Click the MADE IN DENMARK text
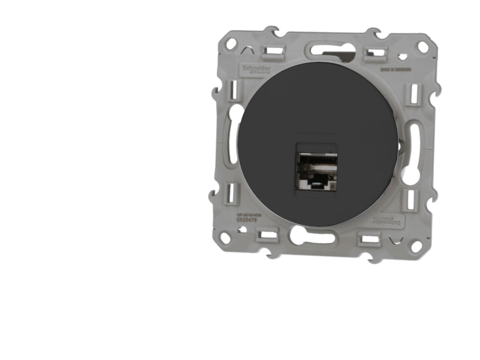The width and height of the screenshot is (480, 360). pos(386,70)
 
